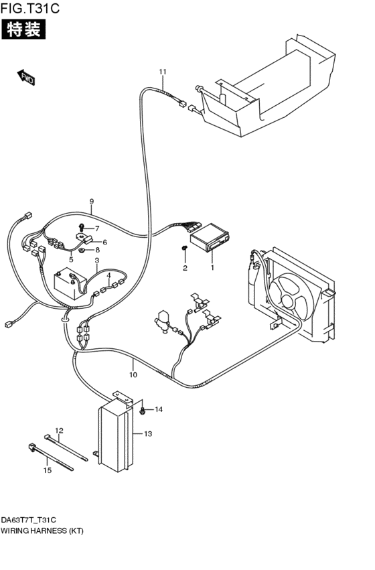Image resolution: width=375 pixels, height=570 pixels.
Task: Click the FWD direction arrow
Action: pos(26,77)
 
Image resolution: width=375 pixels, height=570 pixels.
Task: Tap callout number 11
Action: pos(163,72)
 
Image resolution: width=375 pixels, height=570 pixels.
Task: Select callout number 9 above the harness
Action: pos(92,201)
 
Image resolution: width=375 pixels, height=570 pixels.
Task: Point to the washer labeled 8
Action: pos(82,251)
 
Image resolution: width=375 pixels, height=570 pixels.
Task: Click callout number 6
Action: pos(104,242)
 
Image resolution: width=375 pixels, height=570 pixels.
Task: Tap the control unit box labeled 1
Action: pos(210,238)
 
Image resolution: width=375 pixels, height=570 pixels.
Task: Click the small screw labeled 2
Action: pos(185,248)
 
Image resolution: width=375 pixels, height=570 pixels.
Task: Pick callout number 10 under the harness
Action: pos(133,374)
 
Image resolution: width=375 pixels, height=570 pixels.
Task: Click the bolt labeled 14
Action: pos(143,411)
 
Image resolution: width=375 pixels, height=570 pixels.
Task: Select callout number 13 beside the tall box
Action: pos(147,433)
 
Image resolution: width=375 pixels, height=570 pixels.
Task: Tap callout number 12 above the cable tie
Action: pos(59,431)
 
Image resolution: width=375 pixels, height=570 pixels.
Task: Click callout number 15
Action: pos(48,470)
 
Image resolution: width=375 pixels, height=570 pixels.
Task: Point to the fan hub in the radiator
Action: pos(288,301)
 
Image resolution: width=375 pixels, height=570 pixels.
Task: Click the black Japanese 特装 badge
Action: pos(24,29)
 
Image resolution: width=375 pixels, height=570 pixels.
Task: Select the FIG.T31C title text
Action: pos(29,7)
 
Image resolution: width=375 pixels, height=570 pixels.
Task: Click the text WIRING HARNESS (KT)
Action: pos(42,530)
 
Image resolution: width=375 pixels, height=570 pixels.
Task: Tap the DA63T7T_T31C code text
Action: pos(28,520)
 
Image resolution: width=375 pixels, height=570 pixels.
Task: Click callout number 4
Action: pos(108,275)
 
